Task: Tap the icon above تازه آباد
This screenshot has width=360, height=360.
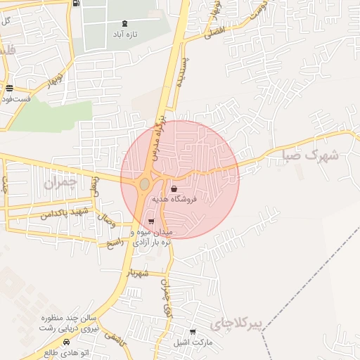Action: pyautogui.click(x=125, y=23)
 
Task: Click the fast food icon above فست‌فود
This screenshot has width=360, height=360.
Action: pyautogui.click(x=9, y=89)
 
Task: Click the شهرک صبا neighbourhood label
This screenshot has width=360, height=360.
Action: pyautogui.click(x=310, y=155)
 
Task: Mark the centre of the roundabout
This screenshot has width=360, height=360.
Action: pyautogui.click(x=144, y=184)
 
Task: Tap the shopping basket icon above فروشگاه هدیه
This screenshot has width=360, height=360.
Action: pyautogui.click(x=174, y=188)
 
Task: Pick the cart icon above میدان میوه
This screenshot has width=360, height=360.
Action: pyautogui.click(x=151, y=221)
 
